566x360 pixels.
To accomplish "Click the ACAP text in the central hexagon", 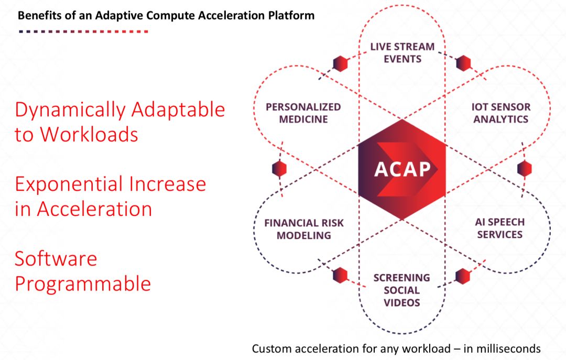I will [x=402, y=169].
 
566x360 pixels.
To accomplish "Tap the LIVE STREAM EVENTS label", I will [x=402, y=52].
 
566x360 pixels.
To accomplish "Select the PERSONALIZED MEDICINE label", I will [x=303, y=113].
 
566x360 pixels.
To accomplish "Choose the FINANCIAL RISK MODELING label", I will [x=304, y=229].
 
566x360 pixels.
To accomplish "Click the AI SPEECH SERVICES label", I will [x=499, y=228].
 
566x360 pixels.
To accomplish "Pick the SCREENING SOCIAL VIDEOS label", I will [x=401, y=290].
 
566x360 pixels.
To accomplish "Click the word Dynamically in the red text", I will [x=70, y=110].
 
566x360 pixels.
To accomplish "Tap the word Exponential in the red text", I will [x=67, y=184].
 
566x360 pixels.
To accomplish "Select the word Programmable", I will [x=83, y=284].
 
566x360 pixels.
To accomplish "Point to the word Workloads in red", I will [x=89, y=135].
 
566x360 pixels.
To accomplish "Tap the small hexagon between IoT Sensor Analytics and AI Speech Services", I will [x=524, y=169].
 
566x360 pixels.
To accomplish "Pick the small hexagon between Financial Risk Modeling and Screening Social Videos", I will [x=340, y=275].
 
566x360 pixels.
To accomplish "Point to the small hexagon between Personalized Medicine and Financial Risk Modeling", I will [x=280, y=169].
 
